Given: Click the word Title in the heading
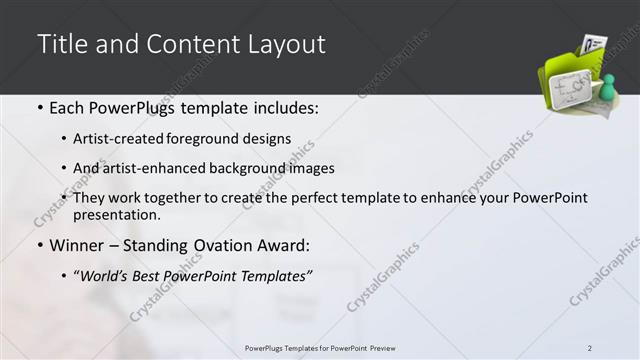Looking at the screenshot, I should pos(60,45).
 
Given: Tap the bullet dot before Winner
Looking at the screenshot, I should pos(39,245).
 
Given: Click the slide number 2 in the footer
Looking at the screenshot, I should pos(590,348).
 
